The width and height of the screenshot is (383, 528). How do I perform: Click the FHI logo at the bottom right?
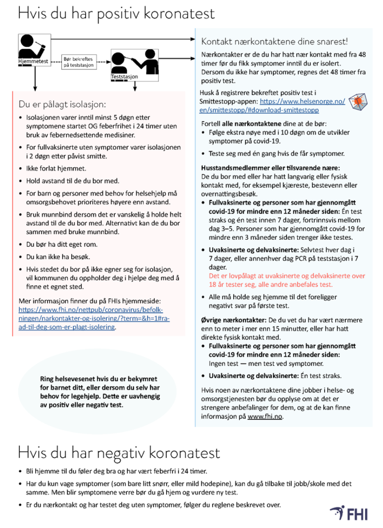tap(349, 513)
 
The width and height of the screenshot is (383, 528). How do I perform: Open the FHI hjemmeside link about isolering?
tap(94, 318)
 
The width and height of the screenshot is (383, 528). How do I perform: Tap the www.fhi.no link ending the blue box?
tap(265, 416)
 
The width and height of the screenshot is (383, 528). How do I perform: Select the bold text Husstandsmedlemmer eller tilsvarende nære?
tap(270, 168)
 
